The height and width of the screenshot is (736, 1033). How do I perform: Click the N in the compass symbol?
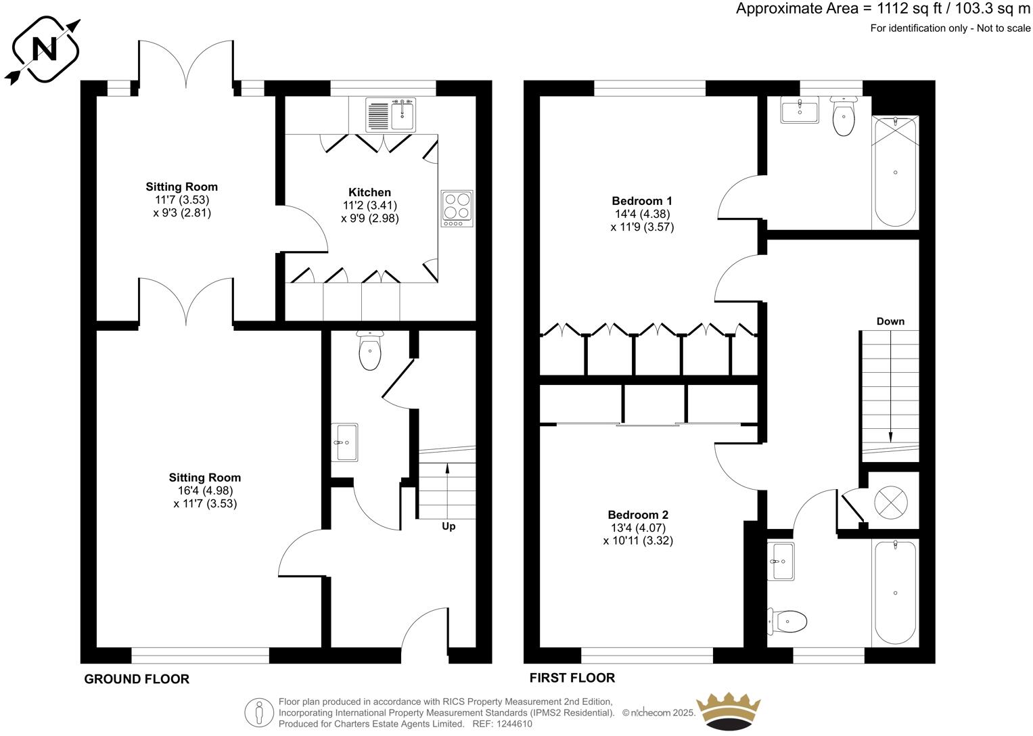pos(45,49)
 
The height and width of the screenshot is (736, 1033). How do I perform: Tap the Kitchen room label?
pos(369,192)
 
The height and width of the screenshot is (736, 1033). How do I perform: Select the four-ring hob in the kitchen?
pos(457,208)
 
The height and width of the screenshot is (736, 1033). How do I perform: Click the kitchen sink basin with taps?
pos(403,114)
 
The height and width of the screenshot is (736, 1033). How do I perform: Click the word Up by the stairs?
pos(449,526)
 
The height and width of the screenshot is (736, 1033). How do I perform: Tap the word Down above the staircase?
pos(890,321)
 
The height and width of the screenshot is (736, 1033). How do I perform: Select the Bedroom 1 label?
pos(641,201)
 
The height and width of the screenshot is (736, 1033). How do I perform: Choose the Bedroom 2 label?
pos(638,515)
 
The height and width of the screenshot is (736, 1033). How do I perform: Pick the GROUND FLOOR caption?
pos(137,679)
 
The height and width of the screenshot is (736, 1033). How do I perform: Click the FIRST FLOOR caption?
pos(572,678)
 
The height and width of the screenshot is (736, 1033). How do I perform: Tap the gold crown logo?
pos(728,712)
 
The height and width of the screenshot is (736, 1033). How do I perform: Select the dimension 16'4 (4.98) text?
pos(205,490)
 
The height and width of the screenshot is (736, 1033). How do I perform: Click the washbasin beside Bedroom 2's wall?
pos(781,561)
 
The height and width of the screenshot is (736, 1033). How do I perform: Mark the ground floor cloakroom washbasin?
pos(344,442)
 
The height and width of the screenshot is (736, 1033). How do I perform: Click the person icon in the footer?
pos(258,712)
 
